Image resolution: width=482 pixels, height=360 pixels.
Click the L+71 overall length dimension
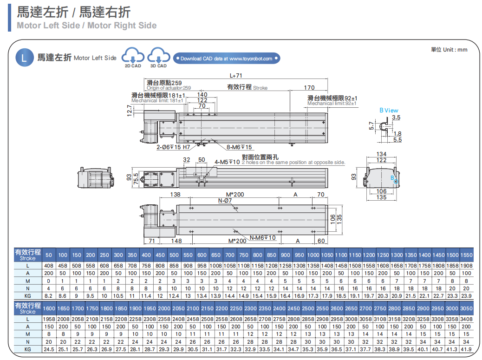pos(236,76)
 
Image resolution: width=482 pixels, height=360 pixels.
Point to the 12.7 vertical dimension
pos(130,111)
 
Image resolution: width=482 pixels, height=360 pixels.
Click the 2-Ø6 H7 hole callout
pos(173,147)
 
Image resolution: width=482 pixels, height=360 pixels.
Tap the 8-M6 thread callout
pos(239,147)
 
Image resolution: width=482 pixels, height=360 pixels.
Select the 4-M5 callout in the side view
pos(227,162)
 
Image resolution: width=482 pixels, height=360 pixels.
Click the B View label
pos(389,111)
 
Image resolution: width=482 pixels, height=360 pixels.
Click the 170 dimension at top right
pos(309,87)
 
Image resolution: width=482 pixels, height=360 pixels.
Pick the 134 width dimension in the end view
pos(381,154)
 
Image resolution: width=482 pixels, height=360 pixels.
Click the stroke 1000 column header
pos(313,255)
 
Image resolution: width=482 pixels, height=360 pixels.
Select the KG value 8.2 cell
pos(48,296)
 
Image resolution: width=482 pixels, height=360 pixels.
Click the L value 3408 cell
pos(466,319)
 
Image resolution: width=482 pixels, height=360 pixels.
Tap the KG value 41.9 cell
pos(466,349)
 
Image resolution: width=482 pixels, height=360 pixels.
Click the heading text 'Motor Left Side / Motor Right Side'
pos(86,26)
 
